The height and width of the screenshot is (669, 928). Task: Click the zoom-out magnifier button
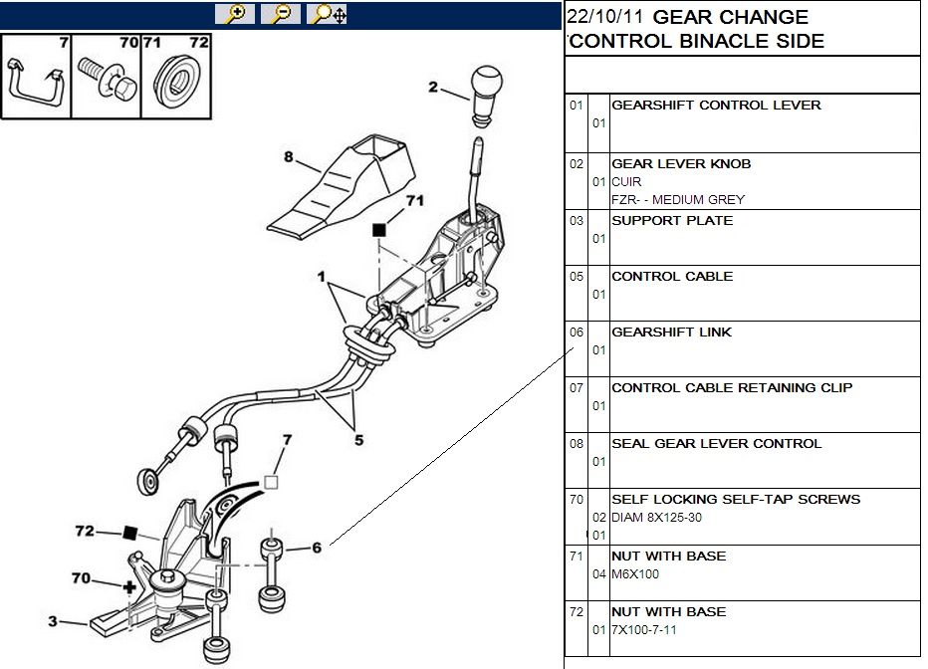point(280,14)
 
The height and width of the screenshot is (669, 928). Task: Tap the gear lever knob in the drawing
point(487,93)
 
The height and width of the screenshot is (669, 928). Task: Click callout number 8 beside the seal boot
point(289,156)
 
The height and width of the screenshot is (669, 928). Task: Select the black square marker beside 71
point(378,230)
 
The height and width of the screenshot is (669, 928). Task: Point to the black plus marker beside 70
point(128,587)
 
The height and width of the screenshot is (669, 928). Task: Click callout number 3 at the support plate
point(52,622)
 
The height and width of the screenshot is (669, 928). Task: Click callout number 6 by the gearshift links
point(317,547)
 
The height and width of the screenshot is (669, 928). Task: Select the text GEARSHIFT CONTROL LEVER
point(715,106)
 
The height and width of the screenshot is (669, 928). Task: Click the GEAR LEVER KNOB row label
point(680,163)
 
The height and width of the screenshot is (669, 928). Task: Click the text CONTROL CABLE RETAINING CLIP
point(731,387)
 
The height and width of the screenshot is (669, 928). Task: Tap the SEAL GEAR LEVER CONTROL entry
point(716,443)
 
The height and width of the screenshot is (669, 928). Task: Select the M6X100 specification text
point(635,573)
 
